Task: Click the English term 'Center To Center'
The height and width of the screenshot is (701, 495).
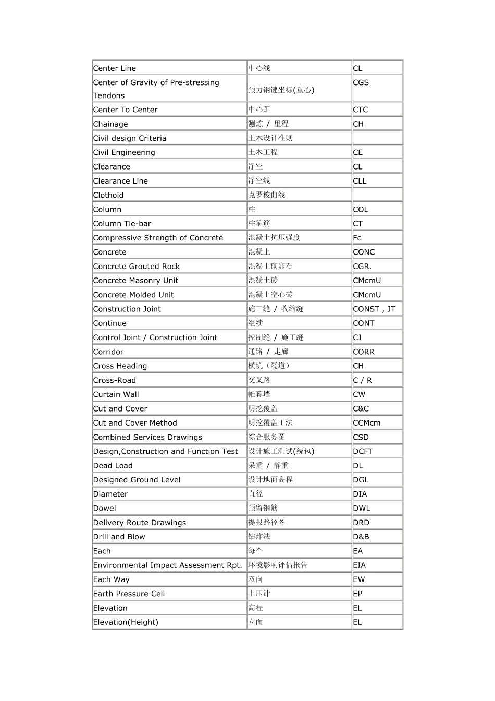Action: pos(125,110)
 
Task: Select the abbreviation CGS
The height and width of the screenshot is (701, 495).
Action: pos(361,82)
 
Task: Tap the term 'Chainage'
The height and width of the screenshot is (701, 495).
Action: pos(110,124)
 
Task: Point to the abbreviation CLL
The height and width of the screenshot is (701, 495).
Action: pos(360,181)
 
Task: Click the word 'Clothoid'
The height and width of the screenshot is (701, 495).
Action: pos(108,195)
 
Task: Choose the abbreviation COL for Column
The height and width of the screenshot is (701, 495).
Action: pos(361,209)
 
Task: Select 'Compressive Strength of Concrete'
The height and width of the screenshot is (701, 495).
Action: pos(158,238)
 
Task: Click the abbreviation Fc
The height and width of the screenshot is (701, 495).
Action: pos(357,238)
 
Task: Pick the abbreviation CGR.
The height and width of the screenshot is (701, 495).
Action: pos(362,266)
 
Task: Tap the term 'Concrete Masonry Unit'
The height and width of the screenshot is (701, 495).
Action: pos(135,281)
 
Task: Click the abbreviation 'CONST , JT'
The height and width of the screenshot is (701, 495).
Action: pos(374,309)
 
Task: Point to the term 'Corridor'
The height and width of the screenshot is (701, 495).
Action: pos(108,352)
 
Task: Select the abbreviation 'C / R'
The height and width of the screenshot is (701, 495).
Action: pos(363,380)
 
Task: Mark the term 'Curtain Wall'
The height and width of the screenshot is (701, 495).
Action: pos(116,394)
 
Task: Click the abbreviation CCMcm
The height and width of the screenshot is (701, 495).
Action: pos(367,423)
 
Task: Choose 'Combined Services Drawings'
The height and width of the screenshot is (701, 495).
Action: pos(147,437)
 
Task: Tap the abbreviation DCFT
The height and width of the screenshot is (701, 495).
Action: pos(363,451)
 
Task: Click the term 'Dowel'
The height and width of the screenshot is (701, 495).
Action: pos(105,508)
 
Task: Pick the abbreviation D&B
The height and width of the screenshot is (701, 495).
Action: pos(361,537)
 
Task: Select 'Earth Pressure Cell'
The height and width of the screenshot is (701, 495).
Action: pos(129,594)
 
